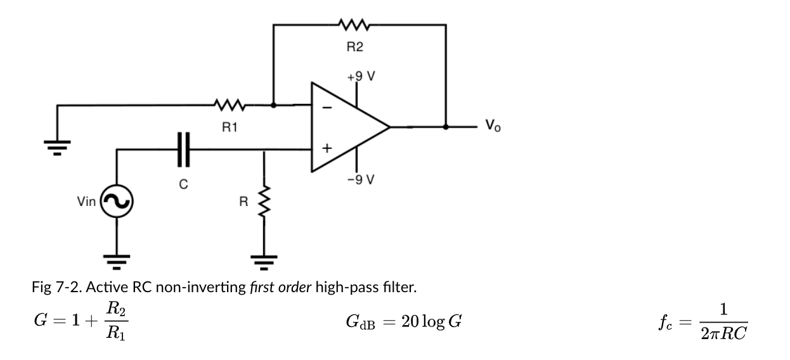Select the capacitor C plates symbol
tap(183, 150)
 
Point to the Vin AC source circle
tap(117, 202)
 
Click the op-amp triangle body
tap(346, 127)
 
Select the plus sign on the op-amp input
tap(327, 149)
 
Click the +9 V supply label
tap(361, 77)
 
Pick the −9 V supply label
tap(361, 179)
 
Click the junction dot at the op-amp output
tap(446, 127)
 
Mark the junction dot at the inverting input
tap(273, 105)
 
